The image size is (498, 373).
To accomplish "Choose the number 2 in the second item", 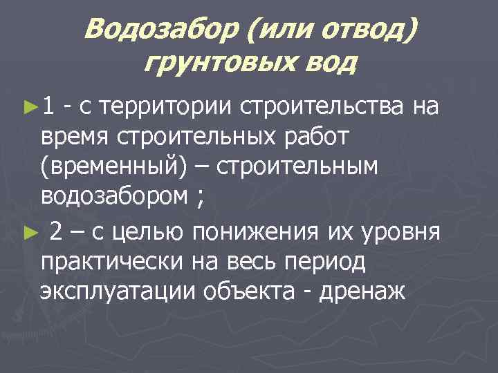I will [x=58, y=232].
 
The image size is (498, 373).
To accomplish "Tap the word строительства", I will [x=322, y=106].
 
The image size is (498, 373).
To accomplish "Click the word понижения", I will [x=259, y=232].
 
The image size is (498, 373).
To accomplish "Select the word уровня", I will [x=401, y=232].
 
